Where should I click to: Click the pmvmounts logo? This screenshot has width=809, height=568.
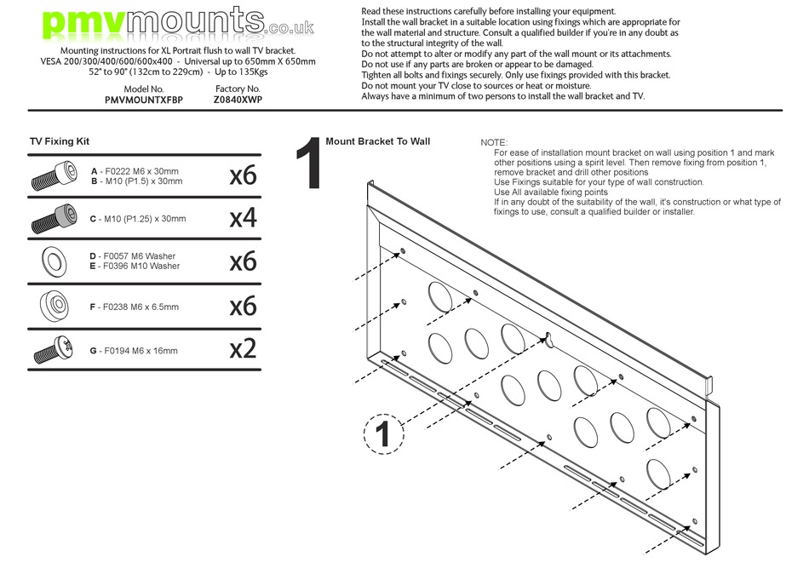point(178,24)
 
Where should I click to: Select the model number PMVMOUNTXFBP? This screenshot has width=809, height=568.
point(144,100)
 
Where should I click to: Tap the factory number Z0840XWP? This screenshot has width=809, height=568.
point(238,100)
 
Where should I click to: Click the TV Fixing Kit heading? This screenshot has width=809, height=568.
point(60,141)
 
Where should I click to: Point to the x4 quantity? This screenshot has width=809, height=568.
point(243,219)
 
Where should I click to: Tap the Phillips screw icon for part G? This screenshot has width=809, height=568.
point(53,350)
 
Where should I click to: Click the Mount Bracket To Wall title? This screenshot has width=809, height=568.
point(377,141)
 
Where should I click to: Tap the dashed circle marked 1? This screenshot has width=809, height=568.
point(383,434)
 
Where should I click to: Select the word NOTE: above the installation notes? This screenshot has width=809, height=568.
point(494,142)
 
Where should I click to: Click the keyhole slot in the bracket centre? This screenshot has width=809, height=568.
point(548,339)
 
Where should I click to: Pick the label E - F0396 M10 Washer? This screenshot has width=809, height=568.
point(135,267)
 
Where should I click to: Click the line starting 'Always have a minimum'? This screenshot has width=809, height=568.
point(502,96)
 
